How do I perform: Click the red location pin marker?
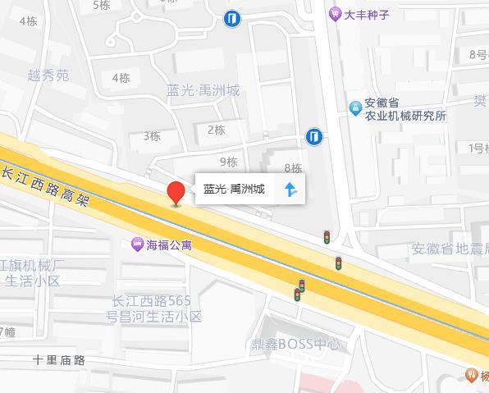[x=175, y=194]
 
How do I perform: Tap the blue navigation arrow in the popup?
[x=290, y=190]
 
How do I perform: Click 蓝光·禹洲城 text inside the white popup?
[x=235, y=190]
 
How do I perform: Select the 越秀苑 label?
[x=48, y=75]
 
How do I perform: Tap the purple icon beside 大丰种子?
[x=335, y=13]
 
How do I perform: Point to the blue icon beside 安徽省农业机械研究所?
[x=354, y=106]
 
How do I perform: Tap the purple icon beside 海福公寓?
[x=136, y=243]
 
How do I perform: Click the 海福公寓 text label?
[x=167, y=243]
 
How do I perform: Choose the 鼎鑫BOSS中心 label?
[x=295, y=345]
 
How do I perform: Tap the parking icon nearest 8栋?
[x=313, y=136]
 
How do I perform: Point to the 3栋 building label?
[x=152, y=135]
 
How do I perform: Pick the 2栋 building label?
[x=217, y=129]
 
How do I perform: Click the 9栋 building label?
[x=229, y=161]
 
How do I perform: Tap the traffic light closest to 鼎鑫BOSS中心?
[x=299, y=290]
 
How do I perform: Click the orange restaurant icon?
[x=473, y=375]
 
